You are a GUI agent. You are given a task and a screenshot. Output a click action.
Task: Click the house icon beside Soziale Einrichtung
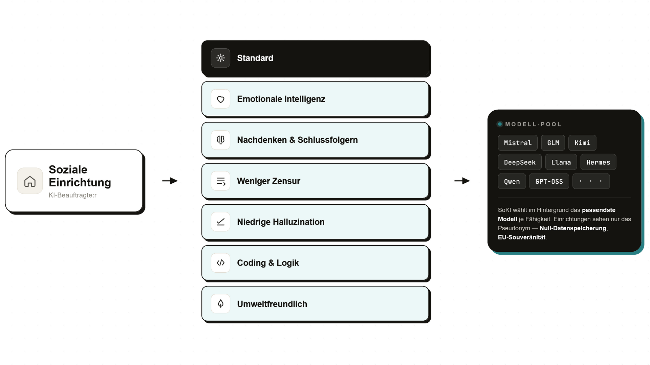coord(30,181)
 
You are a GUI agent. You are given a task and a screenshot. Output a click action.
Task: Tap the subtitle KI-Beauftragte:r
coord(72,195)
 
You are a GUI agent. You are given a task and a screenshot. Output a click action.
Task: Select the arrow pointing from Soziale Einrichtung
coord(170,181)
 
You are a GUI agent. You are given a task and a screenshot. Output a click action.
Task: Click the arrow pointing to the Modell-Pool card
coord(462,181)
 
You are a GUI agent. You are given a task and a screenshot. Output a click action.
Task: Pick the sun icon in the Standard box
coord(221,58)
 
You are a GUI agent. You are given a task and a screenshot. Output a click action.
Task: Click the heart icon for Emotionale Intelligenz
coord(221,99)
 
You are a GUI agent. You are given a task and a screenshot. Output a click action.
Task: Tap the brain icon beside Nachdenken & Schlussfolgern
coord(221,140)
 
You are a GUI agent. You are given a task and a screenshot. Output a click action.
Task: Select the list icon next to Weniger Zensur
coord(221,181)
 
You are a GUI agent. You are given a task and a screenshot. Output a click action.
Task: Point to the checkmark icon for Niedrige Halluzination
coord(221,222)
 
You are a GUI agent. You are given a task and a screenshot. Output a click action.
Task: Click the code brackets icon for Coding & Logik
coord(221,263)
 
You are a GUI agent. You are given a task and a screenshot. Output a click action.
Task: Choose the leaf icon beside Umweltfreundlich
coord(221,304)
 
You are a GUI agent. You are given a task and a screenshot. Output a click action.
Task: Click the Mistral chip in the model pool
coord(518,143)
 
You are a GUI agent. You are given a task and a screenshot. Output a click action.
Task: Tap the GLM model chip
coord(553,143)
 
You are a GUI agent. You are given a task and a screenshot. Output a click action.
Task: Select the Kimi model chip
coord(582,143)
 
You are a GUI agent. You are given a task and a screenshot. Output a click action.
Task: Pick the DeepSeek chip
coord(520,162)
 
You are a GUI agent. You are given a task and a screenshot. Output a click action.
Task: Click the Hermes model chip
coord(598,162)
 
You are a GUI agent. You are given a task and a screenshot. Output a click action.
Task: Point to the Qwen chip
coord(512,181)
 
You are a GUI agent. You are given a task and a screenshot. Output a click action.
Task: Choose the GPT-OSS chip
coord(549,181)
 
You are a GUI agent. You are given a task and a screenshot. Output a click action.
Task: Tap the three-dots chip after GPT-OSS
coord(591,181)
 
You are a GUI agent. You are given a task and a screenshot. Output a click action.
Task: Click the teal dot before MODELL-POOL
coord(500,124)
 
